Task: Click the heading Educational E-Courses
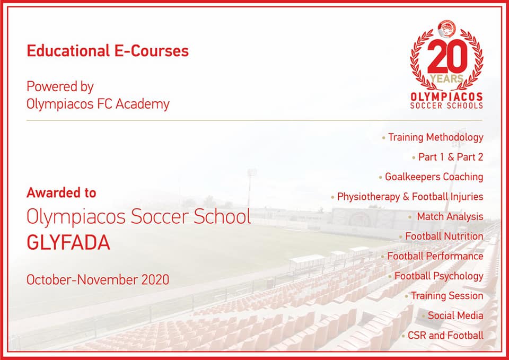pos(108,51)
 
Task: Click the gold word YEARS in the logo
pos(446,78)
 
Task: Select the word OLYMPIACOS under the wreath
pos(446,97)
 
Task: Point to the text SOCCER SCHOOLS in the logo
pos(446,106)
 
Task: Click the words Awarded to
pos(62,193)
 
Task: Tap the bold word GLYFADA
pos(68,242)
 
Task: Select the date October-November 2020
pos(98,280)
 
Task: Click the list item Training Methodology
pos(436,138)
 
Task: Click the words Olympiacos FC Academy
pos(98,104)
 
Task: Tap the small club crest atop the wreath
pos(446,29)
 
